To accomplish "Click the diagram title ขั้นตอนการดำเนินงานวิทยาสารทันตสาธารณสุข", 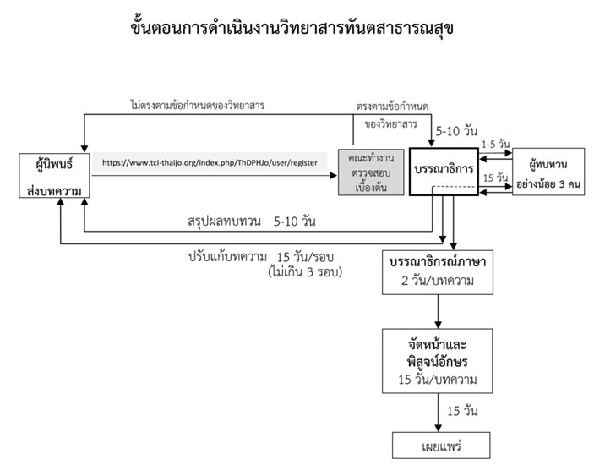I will pos(299,29).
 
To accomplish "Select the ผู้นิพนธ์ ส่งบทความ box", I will pos(54,177).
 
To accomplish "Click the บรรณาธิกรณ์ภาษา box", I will pos(437,271).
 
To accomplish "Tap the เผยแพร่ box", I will pos(437,444).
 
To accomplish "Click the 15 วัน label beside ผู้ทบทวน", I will pos(494,178).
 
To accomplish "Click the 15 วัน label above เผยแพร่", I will pos(462,411).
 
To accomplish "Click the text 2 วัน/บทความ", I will pos(437,280).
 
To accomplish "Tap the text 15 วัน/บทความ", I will pos(437,380).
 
